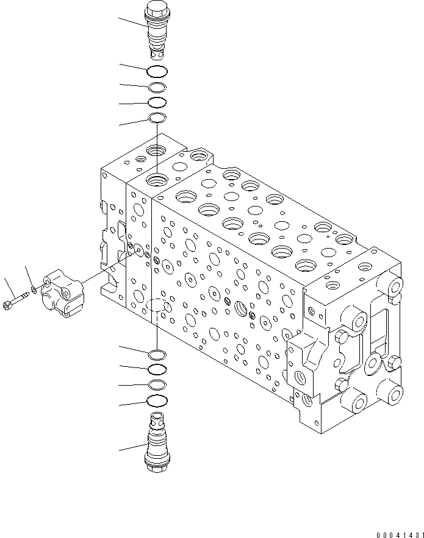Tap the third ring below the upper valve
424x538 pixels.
pos(157,102)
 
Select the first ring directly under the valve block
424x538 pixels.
pos(157,354)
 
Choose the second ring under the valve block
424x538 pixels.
pos(157,369)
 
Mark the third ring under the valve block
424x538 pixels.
pos(157,384)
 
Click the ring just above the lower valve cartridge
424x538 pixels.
pos(157,400)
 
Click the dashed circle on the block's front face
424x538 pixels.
pos(157,306)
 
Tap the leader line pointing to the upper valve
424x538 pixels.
pos(132,23)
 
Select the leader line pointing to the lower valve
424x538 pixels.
pos(132,448)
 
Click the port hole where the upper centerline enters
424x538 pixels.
pos(158,180)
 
